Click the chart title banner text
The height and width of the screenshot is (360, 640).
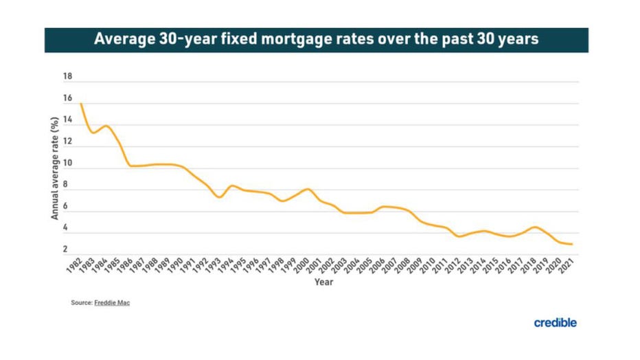(x=316, y=39)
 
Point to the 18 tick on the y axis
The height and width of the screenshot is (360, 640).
(x=67, y=78)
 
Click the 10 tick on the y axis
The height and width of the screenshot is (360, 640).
(x=67, y=164)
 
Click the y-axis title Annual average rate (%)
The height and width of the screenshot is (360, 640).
(x=55, y=168)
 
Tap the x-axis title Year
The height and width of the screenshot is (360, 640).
(x=323, y=282)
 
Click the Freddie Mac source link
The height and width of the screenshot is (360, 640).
(x=112, y=303)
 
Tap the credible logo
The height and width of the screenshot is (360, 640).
(x=555, y=323)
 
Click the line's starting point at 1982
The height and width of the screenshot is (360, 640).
(x=81, y=104)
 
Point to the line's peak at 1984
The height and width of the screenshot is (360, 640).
(x=106, y=126)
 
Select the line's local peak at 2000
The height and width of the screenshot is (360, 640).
(x=308, y=189)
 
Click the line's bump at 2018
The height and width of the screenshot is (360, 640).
(x=536, y=227)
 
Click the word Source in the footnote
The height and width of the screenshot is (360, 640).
(x=81, y=303)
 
